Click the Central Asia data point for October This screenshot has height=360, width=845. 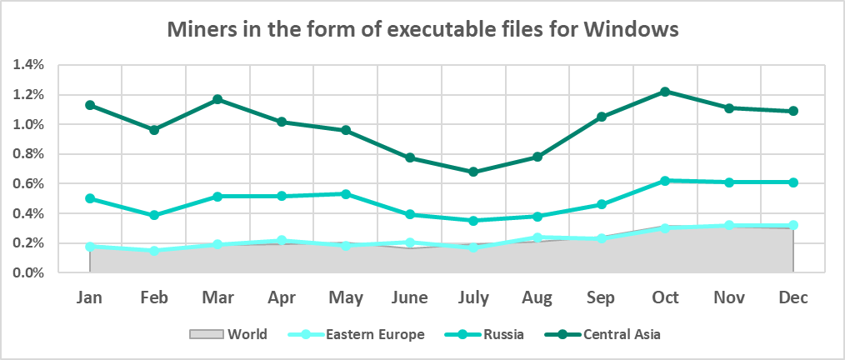665,92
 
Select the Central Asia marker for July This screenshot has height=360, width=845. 473,172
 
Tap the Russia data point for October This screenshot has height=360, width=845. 665,181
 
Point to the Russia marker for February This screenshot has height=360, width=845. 154,215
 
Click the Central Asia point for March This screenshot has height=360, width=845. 217,99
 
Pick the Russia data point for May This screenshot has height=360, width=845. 346,194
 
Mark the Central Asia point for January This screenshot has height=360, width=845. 90,105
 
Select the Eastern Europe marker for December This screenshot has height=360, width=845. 792,225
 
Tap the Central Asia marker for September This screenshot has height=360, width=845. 601,117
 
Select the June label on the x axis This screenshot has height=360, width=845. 409,297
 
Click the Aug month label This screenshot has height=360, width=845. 537,297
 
